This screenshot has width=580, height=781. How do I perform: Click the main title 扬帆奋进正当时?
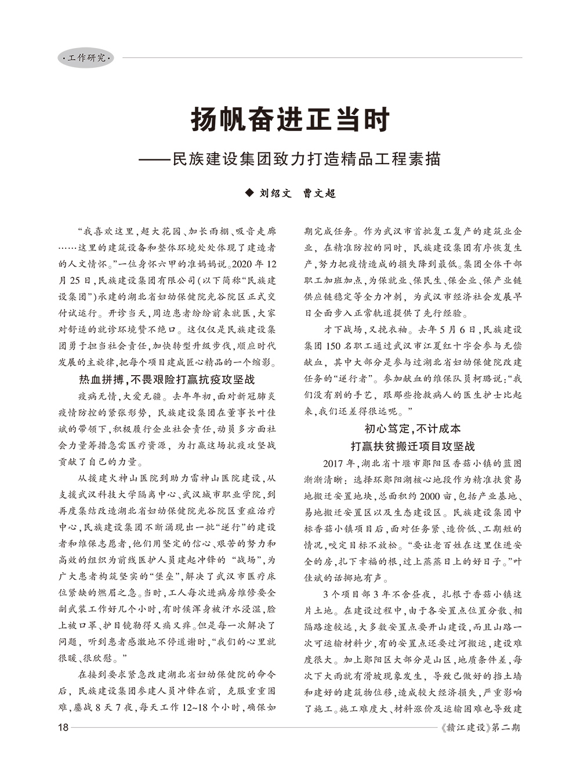click(x=290, y=120)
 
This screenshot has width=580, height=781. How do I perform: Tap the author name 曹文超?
click(x=320, y=194)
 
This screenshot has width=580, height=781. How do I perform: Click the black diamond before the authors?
click(x=249, y=193)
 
